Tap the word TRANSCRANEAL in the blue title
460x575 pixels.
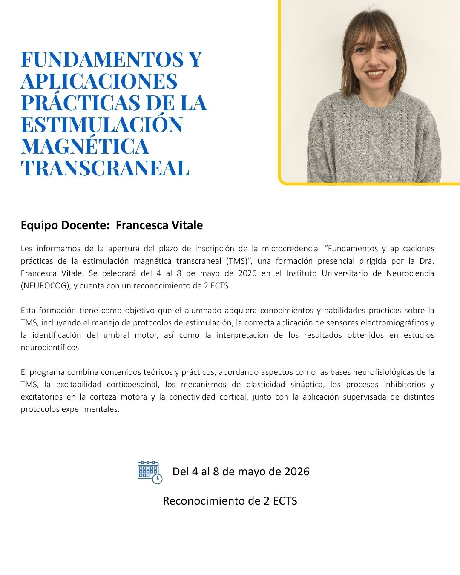[x=105, y=168]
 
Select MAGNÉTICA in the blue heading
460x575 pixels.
[x=85, y=146]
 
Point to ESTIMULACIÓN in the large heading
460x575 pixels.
[x=102, y=124]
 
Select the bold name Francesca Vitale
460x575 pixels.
[x=159, y=225]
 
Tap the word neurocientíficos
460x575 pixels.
[x=51, y=347]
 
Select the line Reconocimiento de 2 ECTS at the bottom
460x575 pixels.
[x=230, y=501]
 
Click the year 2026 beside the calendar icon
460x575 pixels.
[x=297, y=472]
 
